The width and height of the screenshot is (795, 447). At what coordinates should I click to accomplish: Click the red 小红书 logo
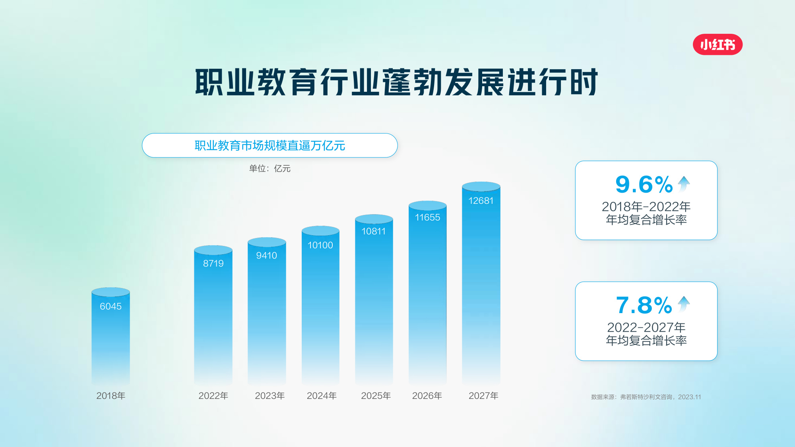[x=717, y=45]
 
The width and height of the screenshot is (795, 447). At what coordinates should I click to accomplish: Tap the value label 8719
[x=213, y=263]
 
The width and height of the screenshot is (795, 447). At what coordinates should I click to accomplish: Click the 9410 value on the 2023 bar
[x=266, y=255]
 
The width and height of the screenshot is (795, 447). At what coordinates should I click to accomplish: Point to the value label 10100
[x=320, y=245]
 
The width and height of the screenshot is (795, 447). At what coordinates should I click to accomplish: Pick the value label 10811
[x=373, y=231]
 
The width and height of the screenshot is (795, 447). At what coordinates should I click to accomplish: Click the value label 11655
[x=427, y=217]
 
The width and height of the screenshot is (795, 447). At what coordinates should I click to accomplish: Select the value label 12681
[x=481, y=201]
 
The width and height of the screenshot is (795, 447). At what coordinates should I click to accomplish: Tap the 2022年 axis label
[x=213, y=396]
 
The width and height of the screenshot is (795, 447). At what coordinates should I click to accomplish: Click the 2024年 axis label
[x=322, y=396]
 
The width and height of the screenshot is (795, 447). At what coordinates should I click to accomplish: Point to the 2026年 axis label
[x=427, y=396]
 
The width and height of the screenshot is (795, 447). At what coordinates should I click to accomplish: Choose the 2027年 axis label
[x=483, y=396]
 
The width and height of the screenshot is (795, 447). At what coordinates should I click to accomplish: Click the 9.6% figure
[x=644, y=185]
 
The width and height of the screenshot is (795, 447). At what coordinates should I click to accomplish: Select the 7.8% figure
[x=644, y=306]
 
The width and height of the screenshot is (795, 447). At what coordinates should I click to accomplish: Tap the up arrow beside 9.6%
[x=684, y=184]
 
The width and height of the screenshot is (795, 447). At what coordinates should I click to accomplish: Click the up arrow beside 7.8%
[x=684, y=304]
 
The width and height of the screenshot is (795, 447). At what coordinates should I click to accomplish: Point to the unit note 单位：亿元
[x=270, y=168]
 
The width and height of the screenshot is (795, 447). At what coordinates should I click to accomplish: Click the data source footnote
[x=646, y=397]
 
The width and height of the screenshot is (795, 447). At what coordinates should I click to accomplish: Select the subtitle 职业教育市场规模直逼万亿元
[x=270, y=145]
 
